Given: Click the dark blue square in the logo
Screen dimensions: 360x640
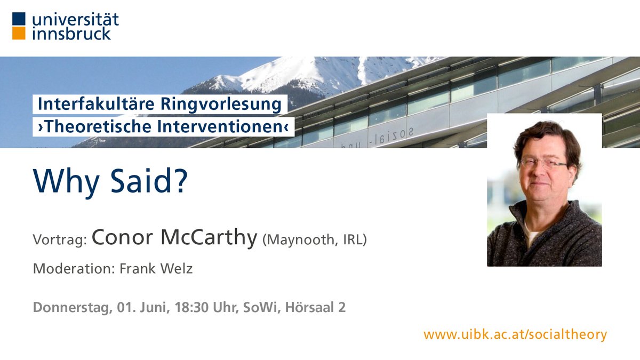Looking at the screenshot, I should (x=19, y=19).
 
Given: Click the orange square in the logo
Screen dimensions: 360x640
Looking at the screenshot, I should (x=19, y=34).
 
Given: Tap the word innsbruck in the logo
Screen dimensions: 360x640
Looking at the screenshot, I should (x=71, y=34).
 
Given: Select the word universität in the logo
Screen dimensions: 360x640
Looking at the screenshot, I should (x=75, y=20).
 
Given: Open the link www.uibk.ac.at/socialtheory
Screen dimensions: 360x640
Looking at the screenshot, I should (x=515, y=334).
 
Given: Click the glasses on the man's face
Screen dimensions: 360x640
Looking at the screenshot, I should (x=543, y=163).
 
